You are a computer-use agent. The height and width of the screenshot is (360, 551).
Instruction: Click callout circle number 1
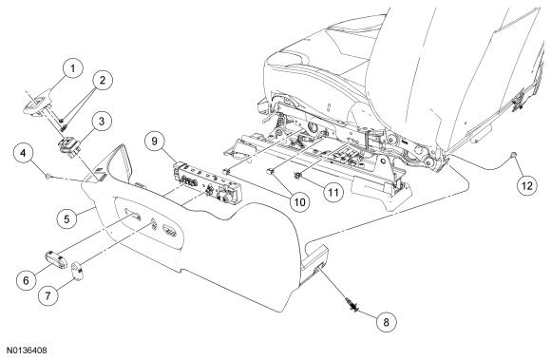[x=73, y=68]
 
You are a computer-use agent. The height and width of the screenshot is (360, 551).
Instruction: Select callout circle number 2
[x=103, y=81]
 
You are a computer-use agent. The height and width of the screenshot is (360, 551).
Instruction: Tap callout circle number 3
[x=102, y=122]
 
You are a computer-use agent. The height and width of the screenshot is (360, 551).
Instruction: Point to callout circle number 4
[x=23, y=154]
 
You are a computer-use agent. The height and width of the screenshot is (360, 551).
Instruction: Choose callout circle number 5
[x=66, y=219]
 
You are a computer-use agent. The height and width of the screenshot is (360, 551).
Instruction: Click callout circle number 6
[x=27, y=280]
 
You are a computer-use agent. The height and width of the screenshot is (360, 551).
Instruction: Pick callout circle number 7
[x=47, y=296]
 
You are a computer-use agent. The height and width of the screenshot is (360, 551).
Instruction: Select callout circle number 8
[x=387, y=322]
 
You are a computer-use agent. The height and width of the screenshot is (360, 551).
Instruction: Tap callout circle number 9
[x=155, y=142]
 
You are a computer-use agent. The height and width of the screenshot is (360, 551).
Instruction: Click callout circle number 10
[x=300, y=202]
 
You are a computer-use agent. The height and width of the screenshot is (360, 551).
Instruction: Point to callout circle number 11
[x=333, y=193]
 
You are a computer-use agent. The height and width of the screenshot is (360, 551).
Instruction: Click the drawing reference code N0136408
[x=27, y=351]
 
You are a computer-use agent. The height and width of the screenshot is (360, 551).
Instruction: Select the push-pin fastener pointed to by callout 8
[x=352, y=304]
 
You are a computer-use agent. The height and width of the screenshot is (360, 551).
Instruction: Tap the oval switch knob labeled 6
[x=56, y=260]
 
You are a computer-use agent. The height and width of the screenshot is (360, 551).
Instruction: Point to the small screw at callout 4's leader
[x=47, y=176]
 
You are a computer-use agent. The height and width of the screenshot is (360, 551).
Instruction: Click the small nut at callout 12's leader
[x=515, y=154]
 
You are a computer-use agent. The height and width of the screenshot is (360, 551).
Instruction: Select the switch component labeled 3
[x=69, y=146]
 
